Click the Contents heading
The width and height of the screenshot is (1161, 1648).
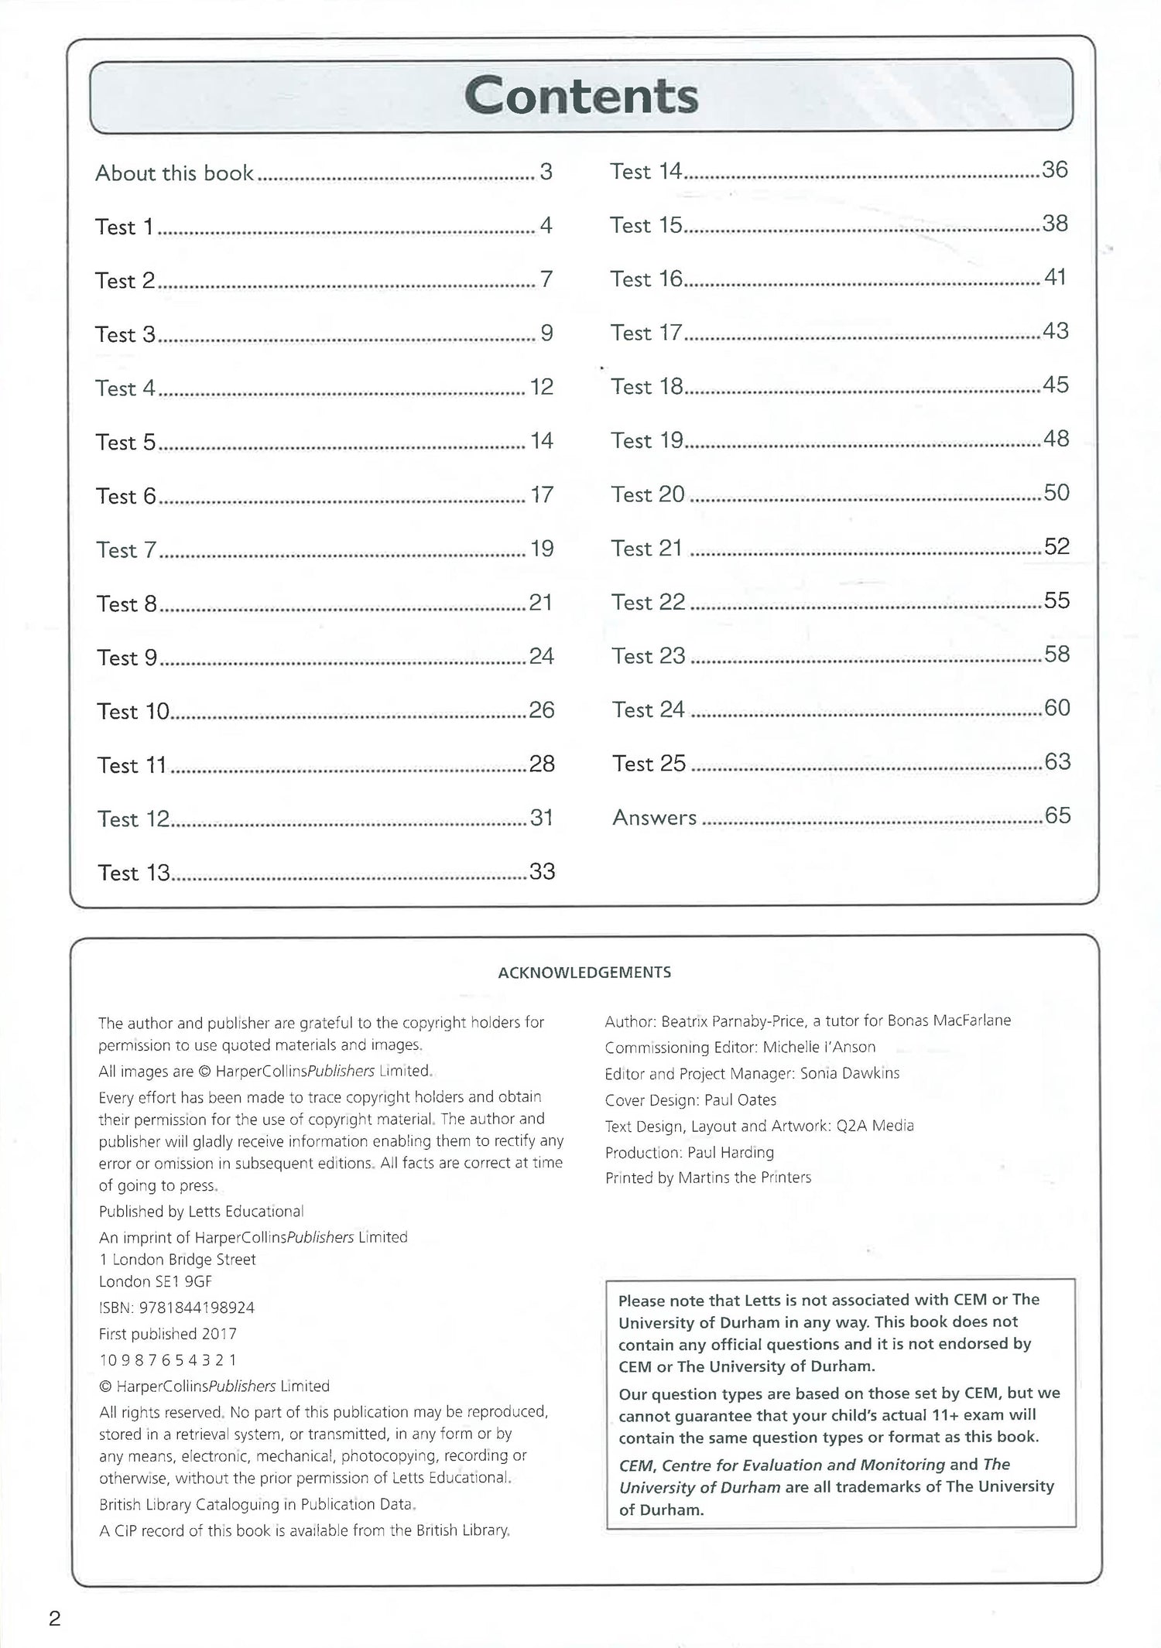(581, 96)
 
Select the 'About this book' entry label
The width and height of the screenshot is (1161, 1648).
(174, 173)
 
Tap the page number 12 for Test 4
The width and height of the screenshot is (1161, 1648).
(542, 387)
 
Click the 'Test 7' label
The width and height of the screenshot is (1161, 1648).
(126, 550)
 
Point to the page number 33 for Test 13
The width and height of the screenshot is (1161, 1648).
(542, 872)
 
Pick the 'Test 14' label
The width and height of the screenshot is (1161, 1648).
(646, 171)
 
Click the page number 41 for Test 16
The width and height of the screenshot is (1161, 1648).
(1056, 277)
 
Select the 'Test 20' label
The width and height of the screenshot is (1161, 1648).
(648, 494)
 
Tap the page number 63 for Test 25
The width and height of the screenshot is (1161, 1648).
(1057, 762)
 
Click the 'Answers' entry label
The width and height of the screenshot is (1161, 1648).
(654, 818)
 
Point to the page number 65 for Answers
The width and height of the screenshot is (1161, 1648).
(1057, 815)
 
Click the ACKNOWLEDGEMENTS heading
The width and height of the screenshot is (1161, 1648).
(584, 973)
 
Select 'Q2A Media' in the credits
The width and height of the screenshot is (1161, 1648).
(875, 1126)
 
